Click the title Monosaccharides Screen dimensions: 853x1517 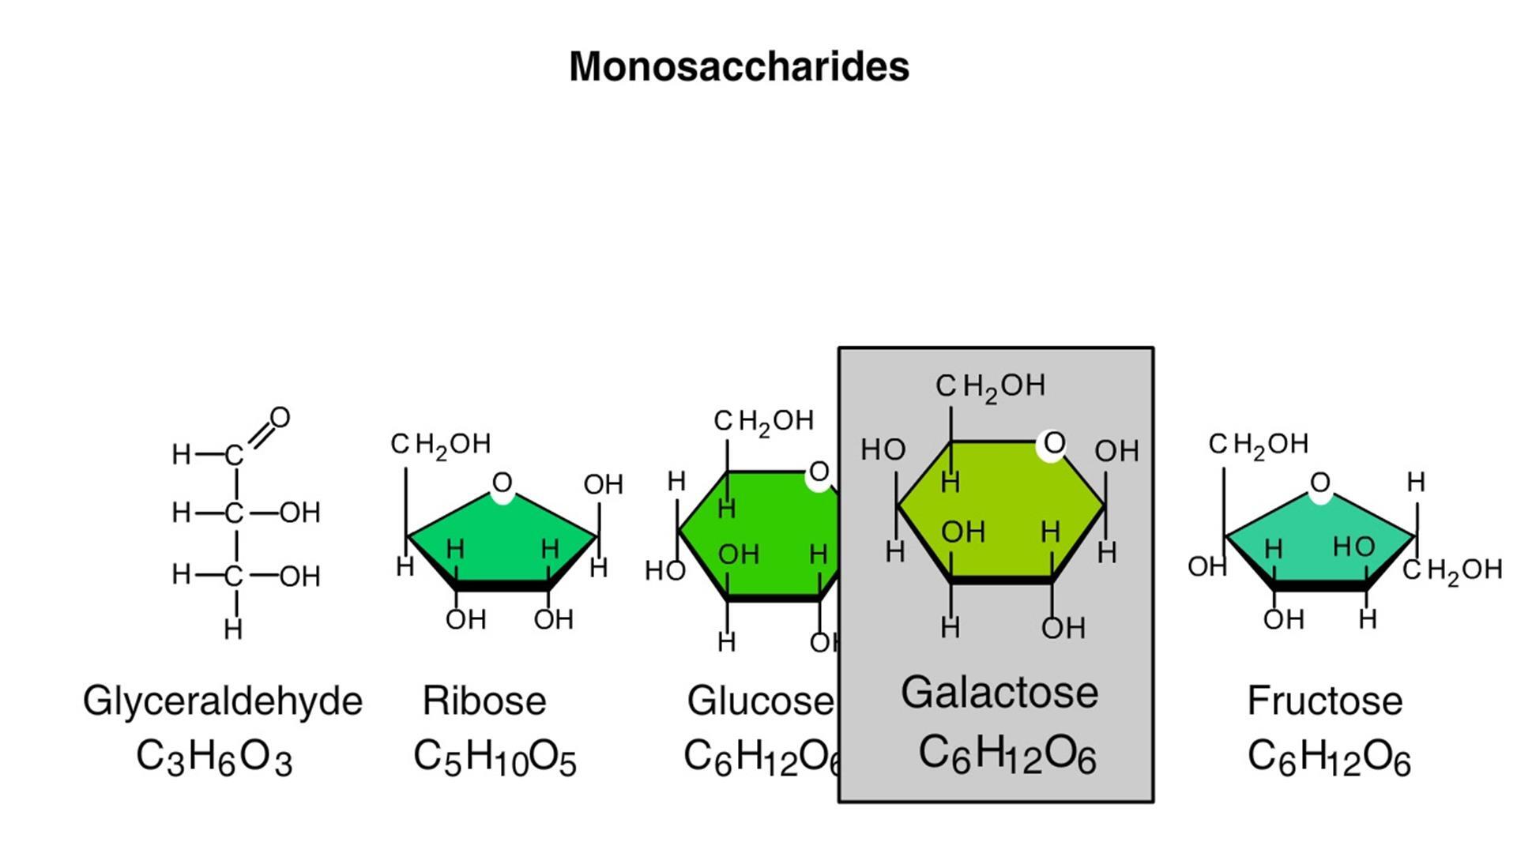(739, 66)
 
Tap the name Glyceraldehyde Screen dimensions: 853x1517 (222, 701)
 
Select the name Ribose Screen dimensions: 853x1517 (484, 701)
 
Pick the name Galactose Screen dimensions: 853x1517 (999, 693)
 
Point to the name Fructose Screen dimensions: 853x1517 (1325, 701)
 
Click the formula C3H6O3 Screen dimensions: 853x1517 (214, 757)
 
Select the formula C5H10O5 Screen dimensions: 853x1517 (495, 757)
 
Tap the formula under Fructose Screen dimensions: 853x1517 (1329, 757)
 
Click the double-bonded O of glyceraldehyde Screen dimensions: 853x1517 (280, 418)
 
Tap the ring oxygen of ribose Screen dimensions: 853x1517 (503, 483)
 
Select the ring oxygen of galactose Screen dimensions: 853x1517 (1054, 444)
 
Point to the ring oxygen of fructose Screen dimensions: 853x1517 (1320, 483)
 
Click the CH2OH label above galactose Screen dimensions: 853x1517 (991, 386)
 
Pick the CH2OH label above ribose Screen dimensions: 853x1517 (441, 445)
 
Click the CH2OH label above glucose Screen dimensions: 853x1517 (763, 422)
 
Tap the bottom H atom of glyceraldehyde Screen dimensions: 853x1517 (233, 629)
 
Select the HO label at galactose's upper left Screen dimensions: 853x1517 (883, 449)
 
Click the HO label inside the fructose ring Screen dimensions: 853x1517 (1353, 546)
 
